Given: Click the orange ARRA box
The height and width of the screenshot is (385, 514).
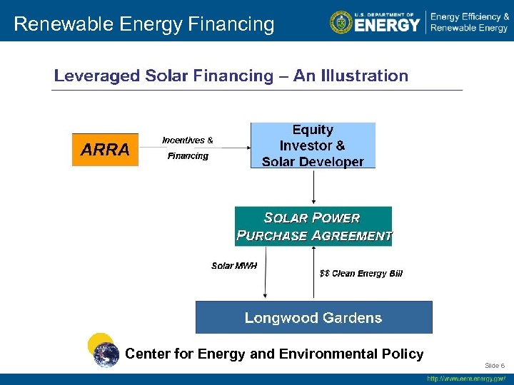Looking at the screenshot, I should click(x=105, y=150).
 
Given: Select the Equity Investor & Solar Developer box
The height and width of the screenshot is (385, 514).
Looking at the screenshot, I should click(x=313, y=145).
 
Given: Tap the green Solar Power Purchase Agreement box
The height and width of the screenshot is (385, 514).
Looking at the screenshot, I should click(x=313, y=227).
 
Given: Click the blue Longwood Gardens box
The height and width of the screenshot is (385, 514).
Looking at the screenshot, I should click(x=313, y=317).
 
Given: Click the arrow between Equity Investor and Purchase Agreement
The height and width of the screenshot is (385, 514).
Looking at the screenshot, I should click(x=313, y=187).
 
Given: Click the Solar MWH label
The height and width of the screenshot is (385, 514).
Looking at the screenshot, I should click(x=234, y=266).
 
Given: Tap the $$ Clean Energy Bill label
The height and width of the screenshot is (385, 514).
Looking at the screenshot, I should click(x=361, y=274).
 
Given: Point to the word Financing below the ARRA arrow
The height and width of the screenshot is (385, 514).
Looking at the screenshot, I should click(x=188, y=156).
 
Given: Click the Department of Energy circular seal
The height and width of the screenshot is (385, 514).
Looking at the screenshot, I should click(x=341, y=22).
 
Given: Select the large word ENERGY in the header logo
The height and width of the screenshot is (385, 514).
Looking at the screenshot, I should click(x=387, y=25).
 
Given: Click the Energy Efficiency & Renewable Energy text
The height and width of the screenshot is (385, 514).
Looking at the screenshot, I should click(x=469, y=22).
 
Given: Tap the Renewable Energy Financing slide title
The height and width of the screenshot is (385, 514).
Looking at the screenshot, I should click(x=143, y=24).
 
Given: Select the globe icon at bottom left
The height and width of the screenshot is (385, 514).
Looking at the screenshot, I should click(x=107, y=354).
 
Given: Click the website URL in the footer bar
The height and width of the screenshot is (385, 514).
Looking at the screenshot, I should click(x=466, y=379).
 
